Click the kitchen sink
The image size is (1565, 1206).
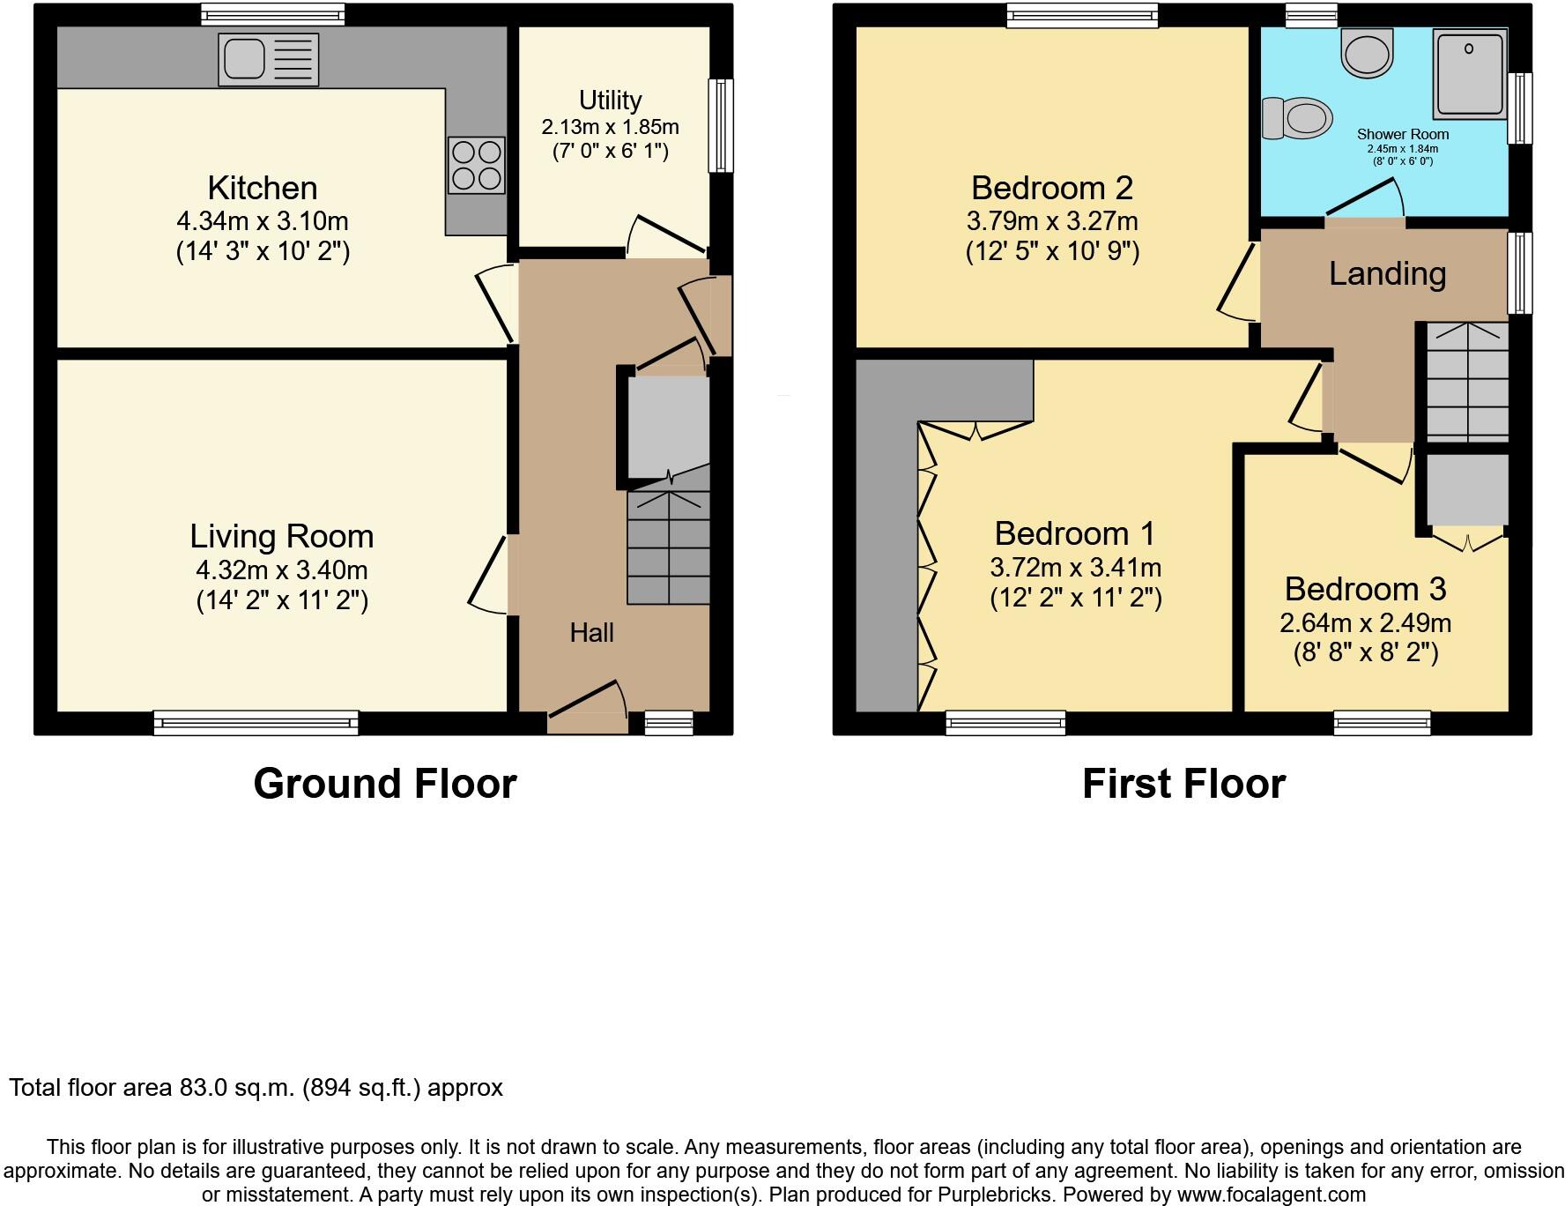(268, 60)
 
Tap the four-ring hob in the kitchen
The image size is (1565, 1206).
(477, 165)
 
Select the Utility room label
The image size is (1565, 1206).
(610, 100)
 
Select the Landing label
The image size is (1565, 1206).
(1387, 273)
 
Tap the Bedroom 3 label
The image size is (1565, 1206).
(1365, 589)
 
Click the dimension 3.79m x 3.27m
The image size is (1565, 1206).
(1052, 220)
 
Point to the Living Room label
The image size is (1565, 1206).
(281, 536)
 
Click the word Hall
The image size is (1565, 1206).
(591, 632)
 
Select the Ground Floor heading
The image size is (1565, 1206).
(384, 783)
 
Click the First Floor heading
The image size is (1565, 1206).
(1183, 783)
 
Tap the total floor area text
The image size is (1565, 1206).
(256, 1087)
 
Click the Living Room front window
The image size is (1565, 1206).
(256, 723)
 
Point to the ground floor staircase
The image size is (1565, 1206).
(668, 547)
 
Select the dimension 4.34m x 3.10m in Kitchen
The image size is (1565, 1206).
(262, 220)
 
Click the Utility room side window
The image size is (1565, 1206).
(721, 125)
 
